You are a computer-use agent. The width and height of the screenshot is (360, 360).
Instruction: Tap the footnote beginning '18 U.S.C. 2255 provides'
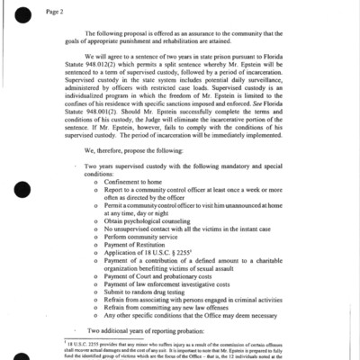(x=180, y=357)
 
